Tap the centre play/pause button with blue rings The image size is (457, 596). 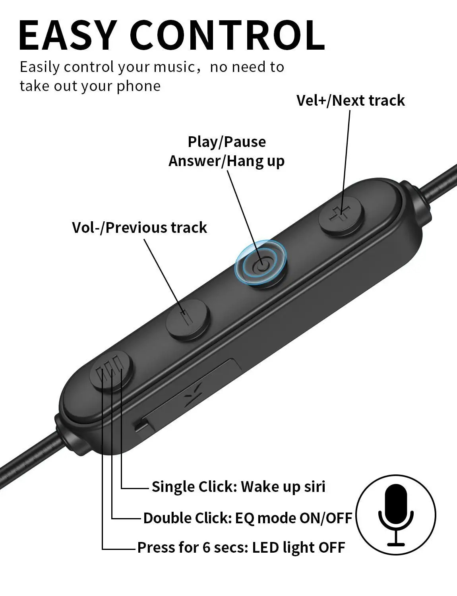pyautogui.click(x=261, y=263)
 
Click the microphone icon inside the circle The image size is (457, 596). pyautogui.click(x=396, y=515)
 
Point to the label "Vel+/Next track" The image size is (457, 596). pyautogui.click(x=350, y=101)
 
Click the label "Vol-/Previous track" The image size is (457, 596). pyautogui.click(x=139, y=228)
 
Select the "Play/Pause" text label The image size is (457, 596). pyautogui.click(x=227, y=142)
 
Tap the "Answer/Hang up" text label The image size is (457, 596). pyautogui.click(x=227, y=161)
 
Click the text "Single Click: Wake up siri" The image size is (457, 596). pyautogui.click(x=238, y=487)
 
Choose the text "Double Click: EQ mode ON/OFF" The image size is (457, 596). pyautogui.click(x=248, y=518)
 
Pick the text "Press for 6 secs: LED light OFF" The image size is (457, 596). pyautogui.click(x=241, y=548)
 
